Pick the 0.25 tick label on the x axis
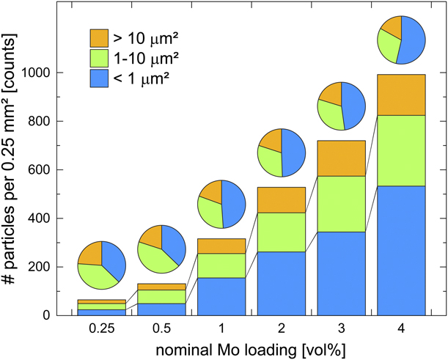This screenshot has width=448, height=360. (101, 328)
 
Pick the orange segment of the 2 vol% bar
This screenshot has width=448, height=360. (282, 199)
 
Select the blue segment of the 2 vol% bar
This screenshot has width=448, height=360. (282, 283)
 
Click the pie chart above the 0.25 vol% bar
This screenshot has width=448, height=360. (101, 264)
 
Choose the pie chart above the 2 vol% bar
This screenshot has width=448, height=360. (282, 153)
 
